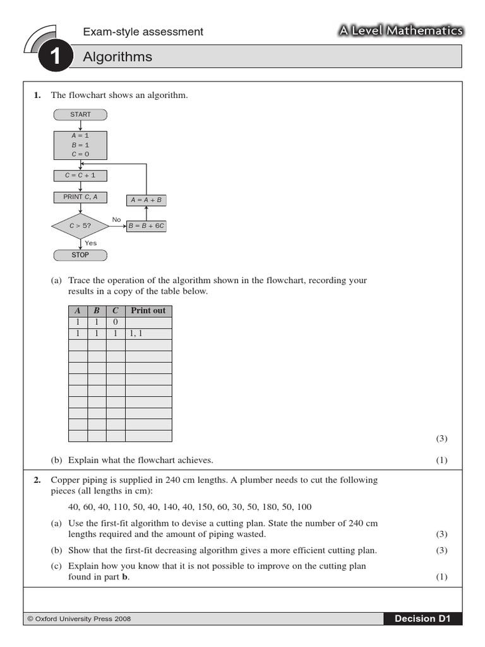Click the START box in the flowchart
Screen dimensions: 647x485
tap(80, 114)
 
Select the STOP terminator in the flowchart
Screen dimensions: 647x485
tap(80, 255)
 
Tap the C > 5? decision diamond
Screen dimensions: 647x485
tap(80, 226)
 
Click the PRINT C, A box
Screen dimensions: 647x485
tap(80, 197)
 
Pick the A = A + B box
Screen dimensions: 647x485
tap(147, 200)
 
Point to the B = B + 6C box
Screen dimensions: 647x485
tap(147, 226)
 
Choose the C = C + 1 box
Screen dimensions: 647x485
tap(80, 175)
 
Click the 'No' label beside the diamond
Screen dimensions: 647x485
tap(116, 220)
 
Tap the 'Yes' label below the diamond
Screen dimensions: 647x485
tap(91, 243)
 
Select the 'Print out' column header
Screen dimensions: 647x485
tap(148, 310)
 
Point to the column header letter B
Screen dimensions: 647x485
tap(97, 310)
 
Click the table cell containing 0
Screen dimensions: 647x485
tap(116, 322)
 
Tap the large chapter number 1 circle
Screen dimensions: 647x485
tap(54, 58)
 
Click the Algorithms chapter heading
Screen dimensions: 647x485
tap(117, 57)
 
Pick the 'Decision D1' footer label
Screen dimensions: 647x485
tap(423, 619)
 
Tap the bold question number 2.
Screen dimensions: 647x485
tap(37, 480)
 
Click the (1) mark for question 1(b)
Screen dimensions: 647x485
tap(441, 460)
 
